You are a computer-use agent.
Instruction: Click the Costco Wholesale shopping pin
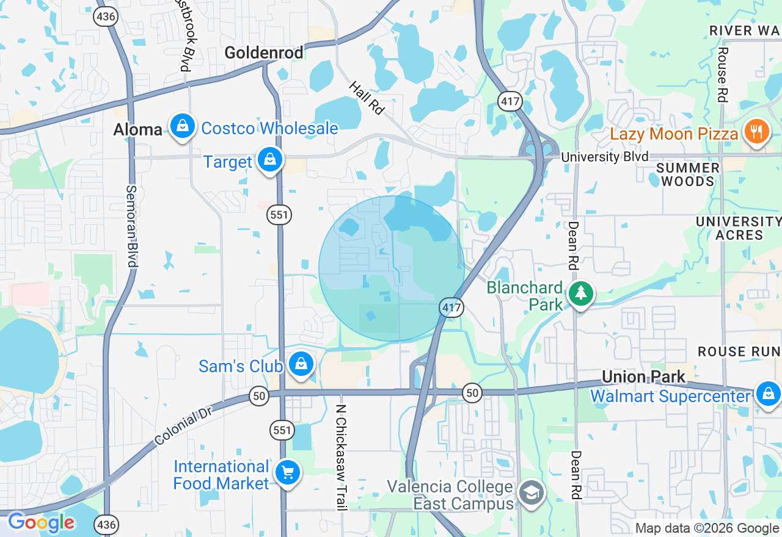tap(182, 126)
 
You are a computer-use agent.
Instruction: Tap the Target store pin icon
tap(269, 160)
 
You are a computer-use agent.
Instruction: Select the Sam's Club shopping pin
tap(301, 364)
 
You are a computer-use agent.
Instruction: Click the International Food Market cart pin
tap(287, 473)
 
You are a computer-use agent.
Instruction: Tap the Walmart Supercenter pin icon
tap(767, 394)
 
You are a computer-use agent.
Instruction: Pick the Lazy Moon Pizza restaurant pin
tap(756, 131)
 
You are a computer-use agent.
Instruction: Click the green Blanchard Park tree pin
tap(580, 294)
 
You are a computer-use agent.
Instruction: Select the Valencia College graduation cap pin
tap(531, 493)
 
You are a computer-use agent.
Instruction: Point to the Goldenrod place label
tap(264, 53)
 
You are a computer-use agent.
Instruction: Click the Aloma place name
tap(138, 129)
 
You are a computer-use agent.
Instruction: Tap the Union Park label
tap(644, 377)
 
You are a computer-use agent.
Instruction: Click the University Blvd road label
tap(605, 157)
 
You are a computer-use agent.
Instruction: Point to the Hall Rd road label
tap(367, 98)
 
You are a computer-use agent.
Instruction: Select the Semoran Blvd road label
tap(131, 226)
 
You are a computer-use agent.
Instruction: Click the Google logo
tap(41, 522)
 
